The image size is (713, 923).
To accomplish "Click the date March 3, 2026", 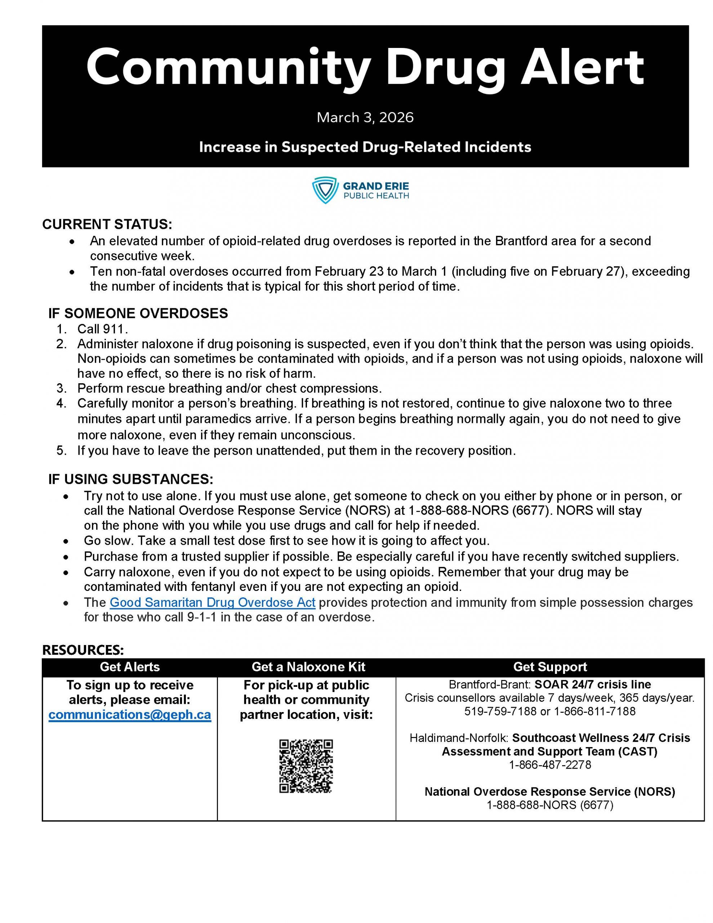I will point(365,117).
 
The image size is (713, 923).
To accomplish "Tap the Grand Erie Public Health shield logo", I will point(325,190).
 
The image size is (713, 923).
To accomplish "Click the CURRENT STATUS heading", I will point(107,224).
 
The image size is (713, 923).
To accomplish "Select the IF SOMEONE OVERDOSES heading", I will point(138,313).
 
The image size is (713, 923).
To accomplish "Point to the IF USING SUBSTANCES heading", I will point(130,479).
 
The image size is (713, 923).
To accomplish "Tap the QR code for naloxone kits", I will point(306,766).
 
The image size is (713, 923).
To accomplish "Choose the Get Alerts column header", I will point(130,667).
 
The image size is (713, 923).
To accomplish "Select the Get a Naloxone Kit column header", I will point(308,667).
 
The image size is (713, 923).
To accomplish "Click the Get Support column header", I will point(550,667).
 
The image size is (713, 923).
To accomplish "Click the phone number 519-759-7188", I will point(500,711).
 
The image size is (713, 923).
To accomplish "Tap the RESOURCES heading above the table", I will point(83,650).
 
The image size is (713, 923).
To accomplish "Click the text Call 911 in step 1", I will point(102,329).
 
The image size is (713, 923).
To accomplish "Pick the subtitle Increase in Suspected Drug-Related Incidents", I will point(365,147).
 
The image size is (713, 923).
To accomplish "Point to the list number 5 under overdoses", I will point(61,451).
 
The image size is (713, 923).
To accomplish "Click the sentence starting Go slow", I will point(286,540).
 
